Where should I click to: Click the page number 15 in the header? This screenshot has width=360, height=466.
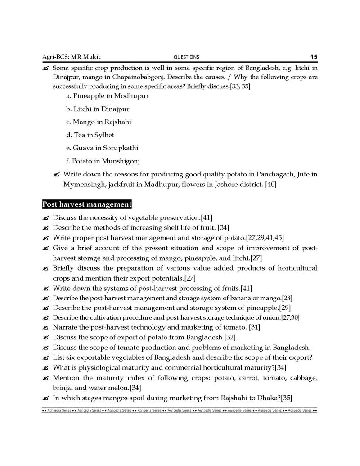coord(314,57)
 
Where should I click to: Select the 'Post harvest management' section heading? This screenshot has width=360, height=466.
coord(87,204)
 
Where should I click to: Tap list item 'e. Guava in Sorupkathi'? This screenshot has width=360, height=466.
coord(102,148)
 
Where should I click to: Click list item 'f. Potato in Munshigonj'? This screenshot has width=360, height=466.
coord(103,161)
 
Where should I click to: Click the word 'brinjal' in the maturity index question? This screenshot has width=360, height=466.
coord(64,387)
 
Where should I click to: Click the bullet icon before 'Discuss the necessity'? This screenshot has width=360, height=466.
coord(45,218)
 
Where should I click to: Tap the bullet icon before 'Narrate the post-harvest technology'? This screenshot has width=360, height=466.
coord(45,328)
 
